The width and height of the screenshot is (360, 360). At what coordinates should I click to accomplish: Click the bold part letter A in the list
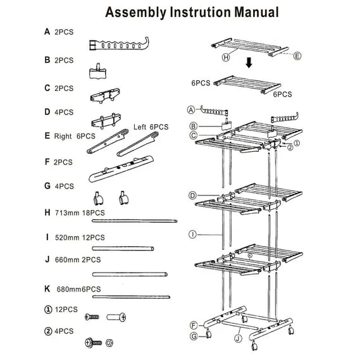(47, 31)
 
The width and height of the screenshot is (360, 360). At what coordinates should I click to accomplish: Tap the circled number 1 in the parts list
(48, 310)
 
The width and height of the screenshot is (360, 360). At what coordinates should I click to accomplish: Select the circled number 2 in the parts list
(48, 331)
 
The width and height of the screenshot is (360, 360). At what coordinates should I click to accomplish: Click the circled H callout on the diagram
(225, 57)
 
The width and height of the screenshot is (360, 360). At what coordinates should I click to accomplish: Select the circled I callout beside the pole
(191, 233)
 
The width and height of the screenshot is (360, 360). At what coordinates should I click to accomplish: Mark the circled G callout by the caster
(194, 335)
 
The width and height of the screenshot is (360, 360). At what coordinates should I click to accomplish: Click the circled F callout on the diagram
(194, 325)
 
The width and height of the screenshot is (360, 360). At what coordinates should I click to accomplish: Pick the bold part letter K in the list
(47, 289)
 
